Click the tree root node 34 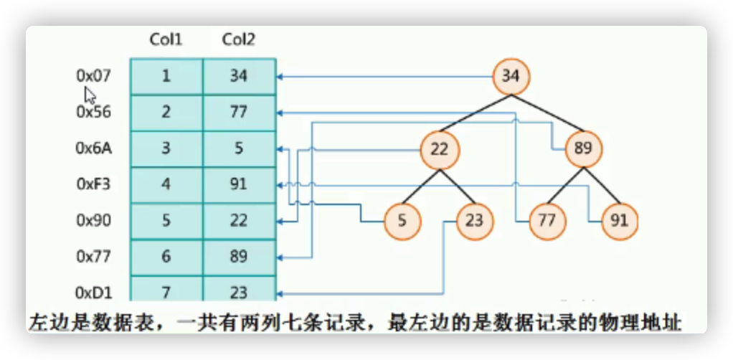coord(510,75)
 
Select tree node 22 coord(439,149)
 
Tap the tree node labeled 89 coord(582,149)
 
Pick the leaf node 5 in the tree coord(402,221)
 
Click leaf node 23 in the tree coord(474,221)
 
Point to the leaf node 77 coord(547,221)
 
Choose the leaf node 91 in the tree coord(618,221)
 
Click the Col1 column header coord(166,40)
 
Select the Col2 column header coord(239,40)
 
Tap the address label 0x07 coord(94,75)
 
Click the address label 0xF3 coord(93,184)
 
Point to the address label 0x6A coord(93,148)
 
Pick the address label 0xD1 coord(93,292)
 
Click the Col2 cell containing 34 coord(239,76)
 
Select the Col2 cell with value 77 coord(239,112)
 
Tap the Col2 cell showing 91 coord(239,184)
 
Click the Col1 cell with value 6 coord(166,256)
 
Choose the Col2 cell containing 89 coord(239,256)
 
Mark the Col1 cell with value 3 coord(166,148)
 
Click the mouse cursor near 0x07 coord(90,96)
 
